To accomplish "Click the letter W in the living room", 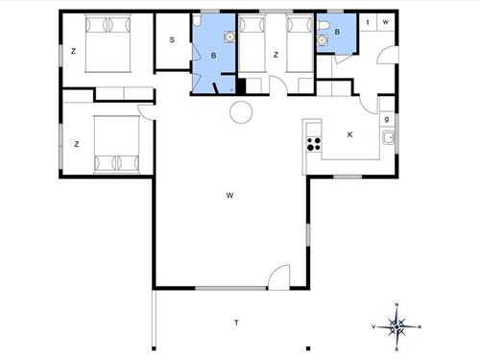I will click(230, 196).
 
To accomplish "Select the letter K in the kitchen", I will click(349, 134).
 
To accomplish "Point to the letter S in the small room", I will click(172, 39).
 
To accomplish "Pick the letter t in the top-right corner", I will click(370, 21).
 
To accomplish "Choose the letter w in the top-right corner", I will click(386, 21).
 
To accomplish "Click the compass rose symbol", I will click(397, 326).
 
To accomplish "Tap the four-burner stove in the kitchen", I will click(313, 145).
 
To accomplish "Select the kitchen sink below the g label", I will click(387, 139).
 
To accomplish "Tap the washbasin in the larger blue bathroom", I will click(228, 38).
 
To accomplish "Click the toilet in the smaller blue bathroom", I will click(325, 26).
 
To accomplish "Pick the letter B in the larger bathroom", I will click(214, 57).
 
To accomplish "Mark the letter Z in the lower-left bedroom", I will click(75, 145).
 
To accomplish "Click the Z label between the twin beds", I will click(276, 55).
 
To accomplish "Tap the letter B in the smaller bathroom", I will click(337, 33).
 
